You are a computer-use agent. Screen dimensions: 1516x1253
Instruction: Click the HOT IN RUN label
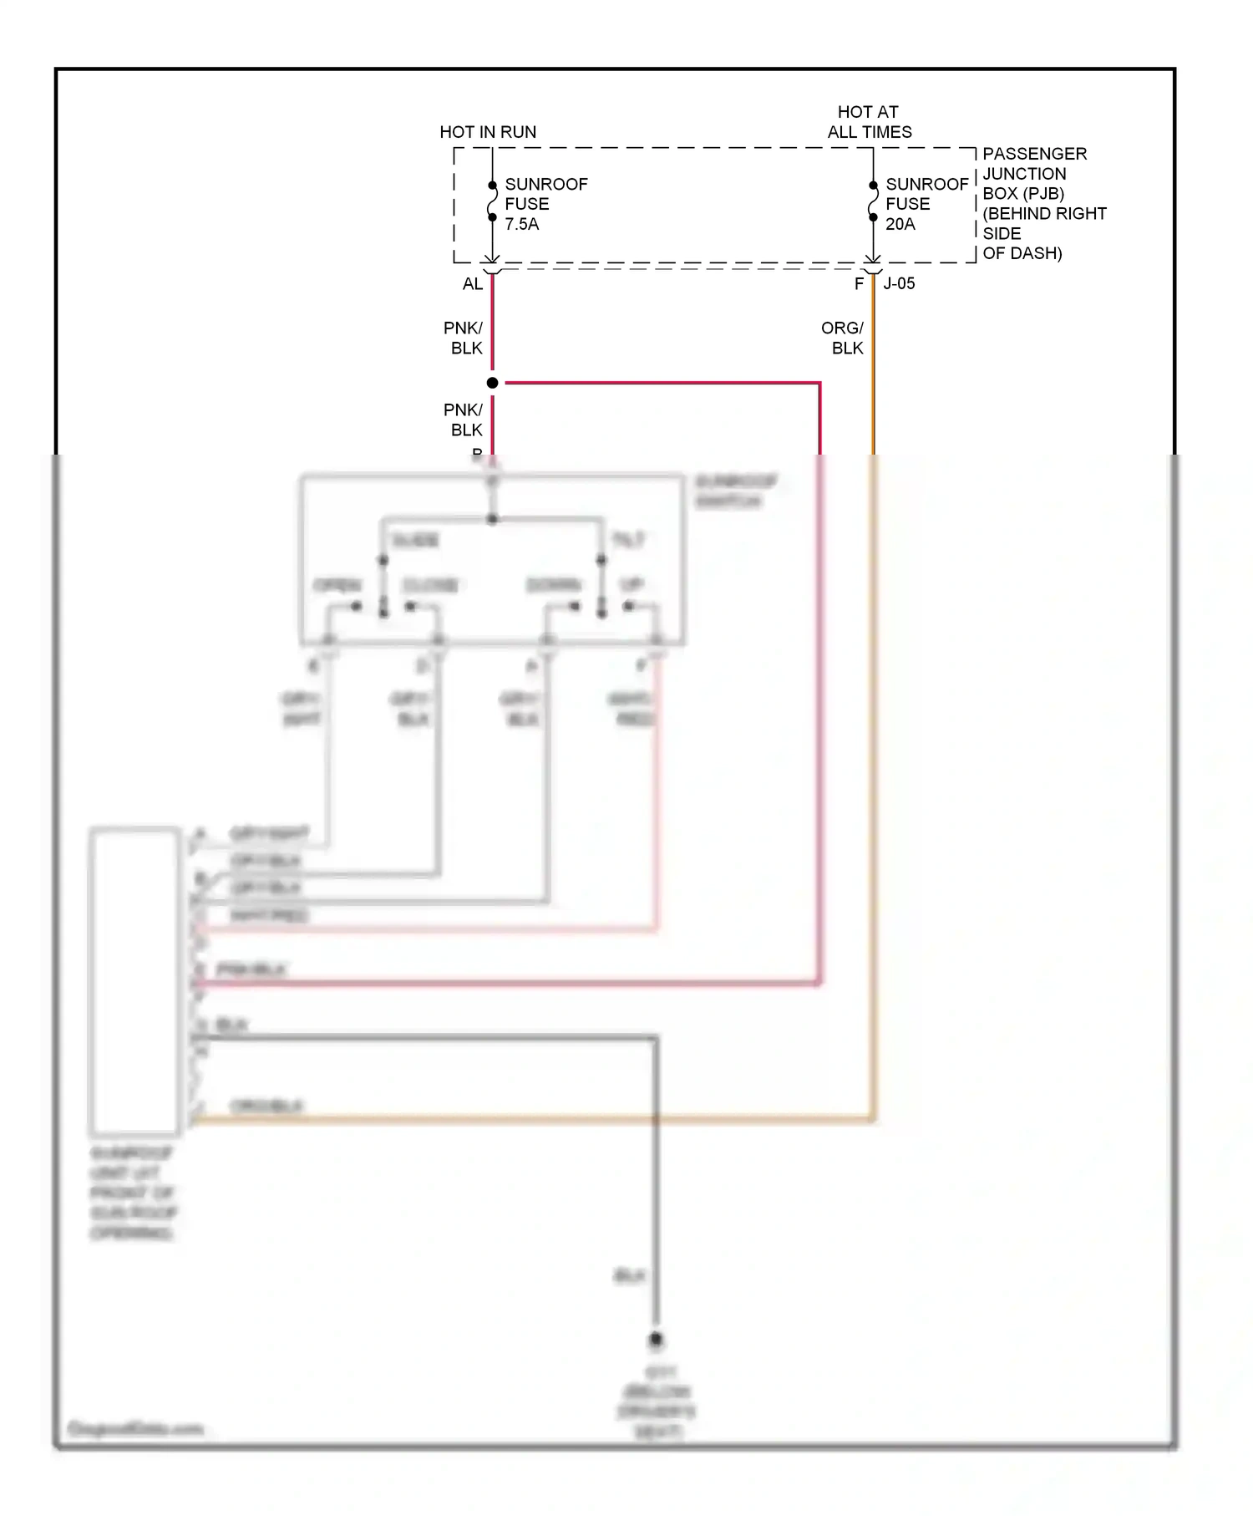(x=488, y=132)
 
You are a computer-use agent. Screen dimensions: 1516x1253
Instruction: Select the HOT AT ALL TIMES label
(x=869, y=122)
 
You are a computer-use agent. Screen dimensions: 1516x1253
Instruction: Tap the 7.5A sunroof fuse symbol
(x=492, y=201)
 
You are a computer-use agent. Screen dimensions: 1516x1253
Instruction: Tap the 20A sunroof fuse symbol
(x=873, y=201)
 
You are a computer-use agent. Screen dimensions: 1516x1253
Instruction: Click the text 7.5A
(x=522, y=224)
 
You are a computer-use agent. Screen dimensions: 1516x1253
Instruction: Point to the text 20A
(x=900, y=224)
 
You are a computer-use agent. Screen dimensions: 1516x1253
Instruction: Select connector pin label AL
(x=473, y=284)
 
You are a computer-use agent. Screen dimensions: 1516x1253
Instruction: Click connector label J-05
(x=900, y=284)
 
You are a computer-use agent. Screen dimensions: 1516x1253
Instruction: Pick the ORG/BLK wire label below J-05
(x=843, y=338)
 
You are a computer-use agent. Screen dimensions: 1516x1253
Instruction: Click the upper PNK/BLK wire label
(x=464, y=338)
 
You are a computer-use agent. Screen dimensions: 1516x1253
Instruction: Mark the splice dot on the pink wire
(x=493, y=383)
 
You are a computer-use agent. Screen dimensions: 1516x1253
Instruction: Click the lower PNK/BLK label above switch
(x=464, y=420)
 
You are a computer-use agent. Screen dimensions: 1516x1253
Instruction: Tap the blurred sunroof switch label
(x=735, y=491)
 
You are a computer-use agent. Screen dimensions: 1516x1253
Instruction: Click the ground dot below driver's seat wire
(x=657, y=1340)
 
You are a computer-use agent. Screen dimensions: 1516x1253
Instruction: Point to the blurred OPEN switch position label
(x=337, y=585)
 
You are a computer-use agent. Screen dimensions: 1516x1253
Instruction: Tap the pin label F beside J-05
(x=859, y=284)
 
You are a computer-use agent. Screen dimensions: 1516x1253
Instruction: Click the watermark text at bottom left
(x=135, y=1428)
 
